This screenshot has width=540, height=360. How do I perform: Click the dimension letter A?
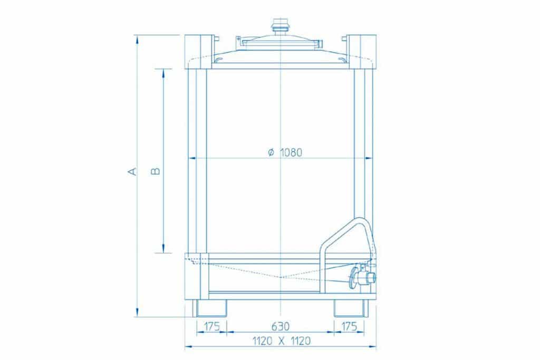pyautogui.click(x=132, y=171)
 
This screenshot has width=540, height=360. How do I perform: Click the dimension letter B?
pyautogui.click(x=156, y=171)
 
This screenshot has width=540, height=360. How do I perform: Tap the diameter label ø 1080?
pyautogui.click(x=285, y=152)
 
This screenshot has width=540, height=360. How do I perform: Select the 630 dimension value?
pyautogui.click(x=281, y=326)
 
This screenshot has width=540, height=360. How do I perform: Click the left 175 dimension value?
pyautogui.click(x=211, y=326)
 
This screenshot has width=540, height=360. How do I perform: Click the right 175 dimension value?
pyautogui.click(x=349, y=326)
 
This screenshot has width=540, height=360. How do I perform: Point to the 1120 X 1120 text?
pyautogui.click(x=282, y=340)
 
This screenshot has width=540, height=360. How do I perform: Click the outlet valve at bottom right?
pyautogui.click(x=362, y=276)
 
